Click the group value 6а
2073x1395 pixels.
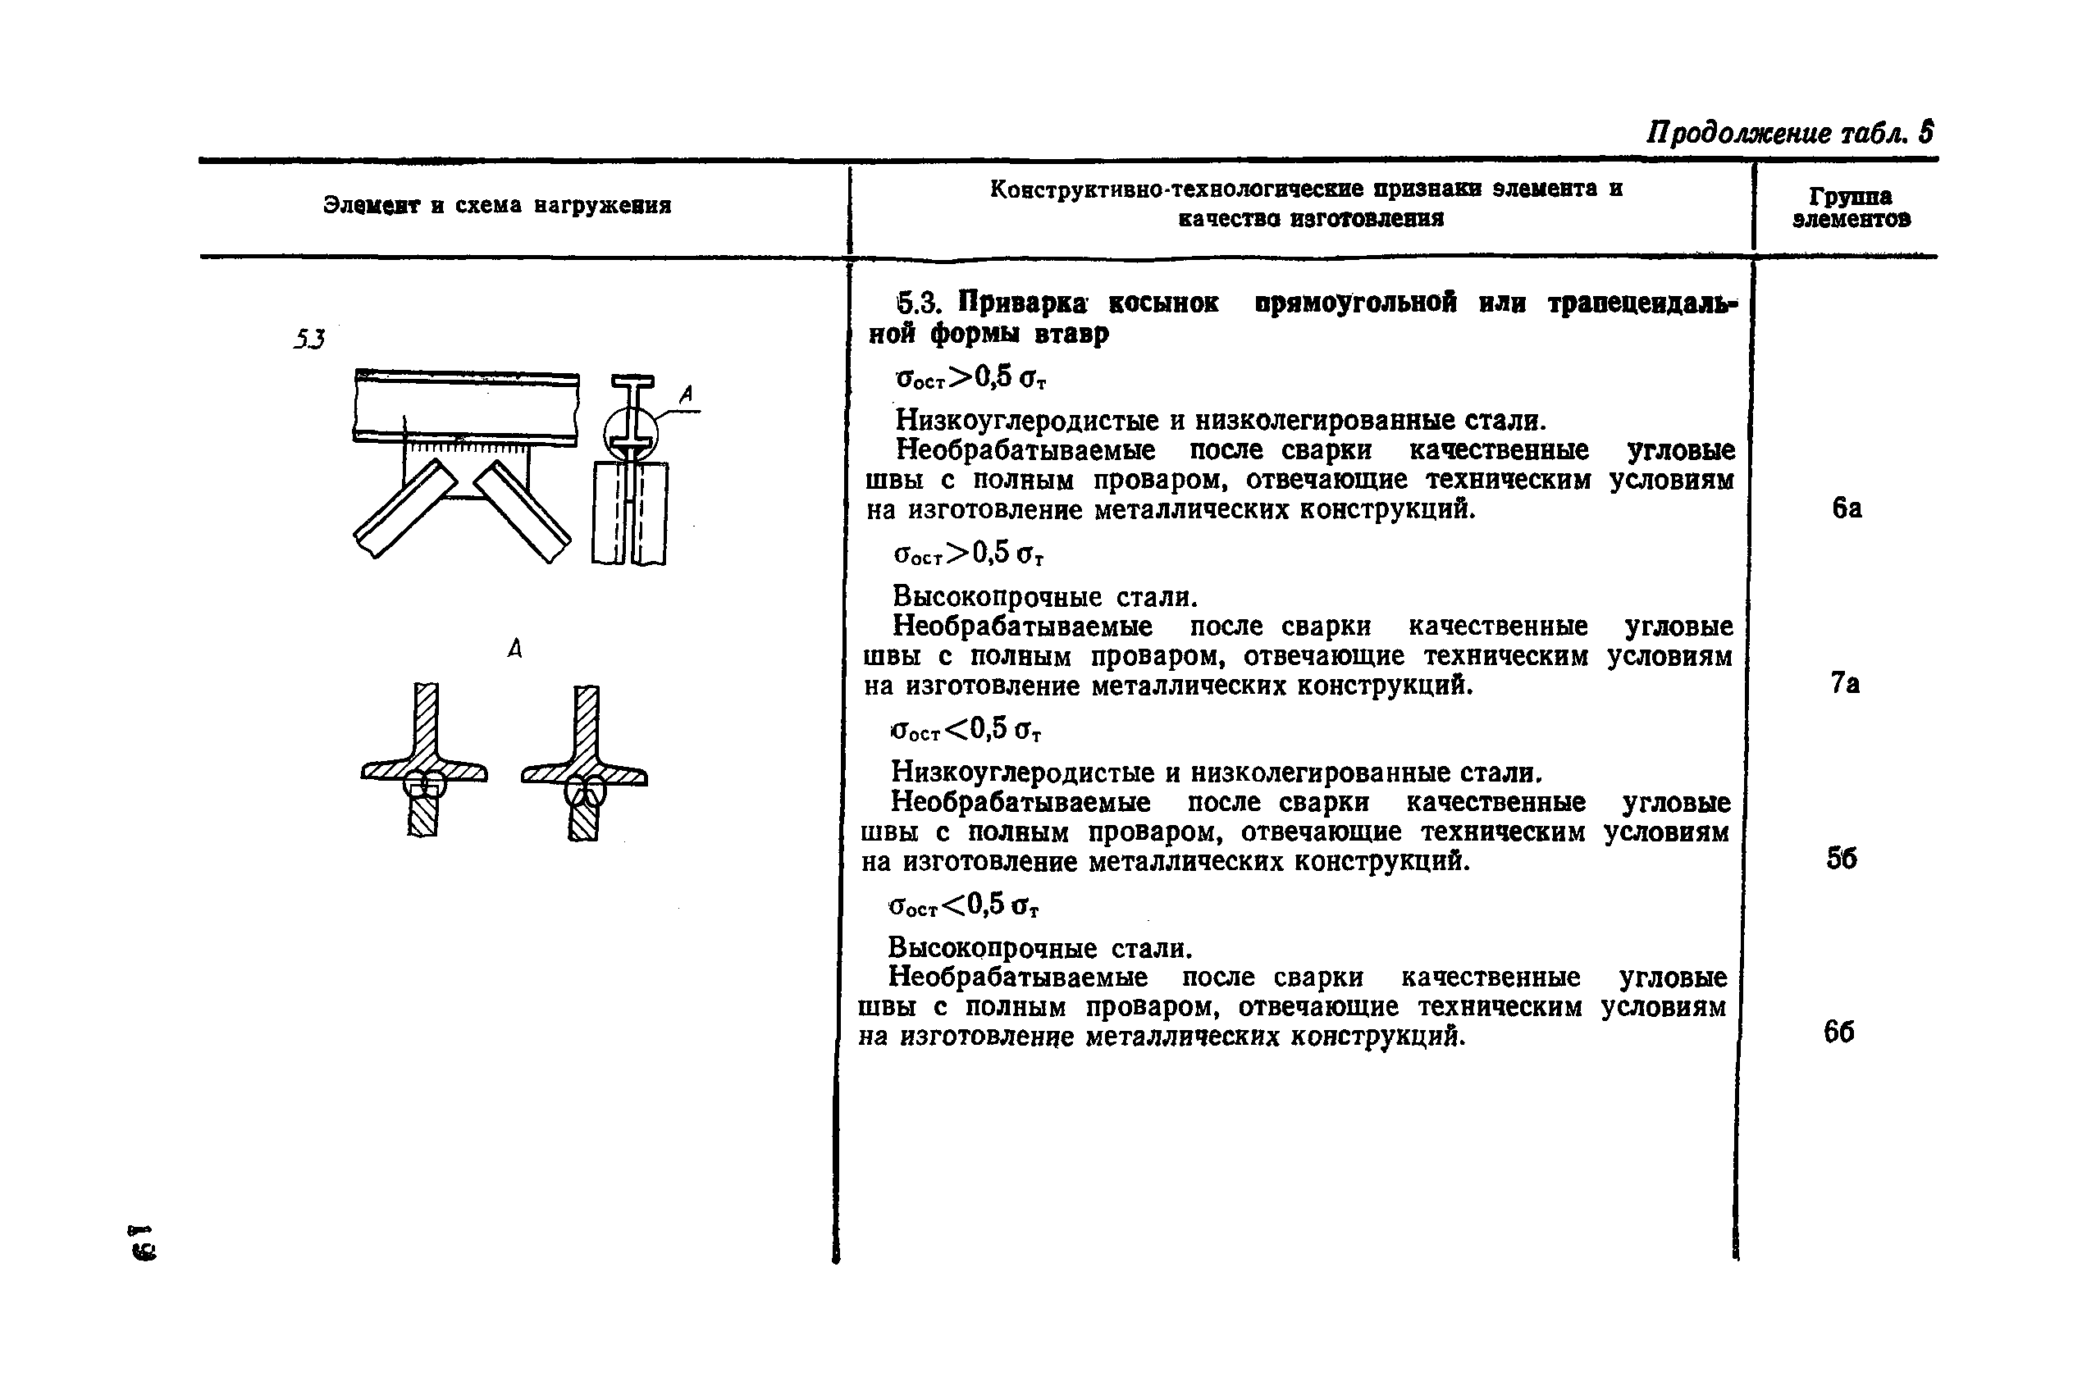[x=1846, y=508]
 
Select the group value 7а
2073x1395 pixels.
[x=1844, y=683]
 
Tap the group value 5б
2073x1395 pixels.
[x=1842, y=859]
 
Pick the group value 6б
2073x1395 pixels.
[x=1839, y=1032]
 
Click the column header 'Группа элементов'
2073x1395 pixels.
[x=1851, y=208]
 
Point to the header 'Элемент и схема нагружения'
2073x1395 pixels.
[x=496, y=206]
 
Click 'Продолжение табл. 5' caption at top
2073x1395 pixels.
[x=1789, y=134]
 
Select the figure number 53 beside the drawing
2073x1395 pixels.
[x=308, y=339]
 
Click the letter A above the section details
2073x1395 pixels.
[x=514, y=649]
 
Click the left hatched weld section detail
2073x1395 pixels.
[x=424, y=761]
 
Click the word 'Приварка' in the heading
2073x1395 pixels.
[x=1022, y=303]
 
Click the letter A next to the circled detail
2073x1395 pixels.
[x=685, y=394]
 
